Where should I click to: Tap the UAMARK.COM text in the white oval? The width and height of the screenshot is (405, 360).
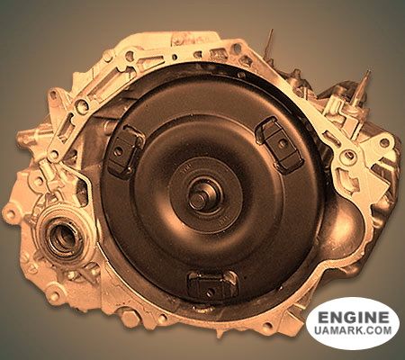click(x=353, y=330)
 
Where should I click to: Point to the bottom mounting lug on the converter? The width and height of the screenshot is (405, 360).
click(x=212, y=285)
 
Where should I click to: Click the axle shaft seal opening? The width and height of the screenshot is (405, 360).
click(x=63, y=236)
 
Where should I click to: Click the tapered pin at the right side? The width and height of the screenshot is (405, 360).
click(x=363, y=87)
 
